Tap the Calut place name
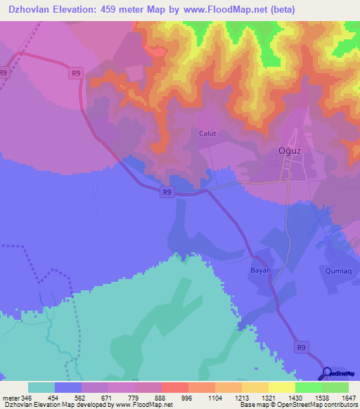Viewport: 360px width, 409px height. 207,133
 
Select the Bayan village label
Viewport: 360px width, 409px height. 260,270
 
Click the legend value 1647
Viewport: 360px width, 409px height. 349,397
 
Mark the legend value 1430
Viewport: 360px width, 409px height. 295,397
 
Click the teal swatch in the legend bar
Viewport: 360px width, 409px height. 41,387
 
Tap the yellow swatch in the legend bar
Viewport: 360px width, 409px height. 282,387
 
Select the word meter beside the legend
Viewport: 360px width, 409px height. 11,397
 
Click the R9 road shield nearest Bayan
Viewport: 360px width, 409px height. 302,346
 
